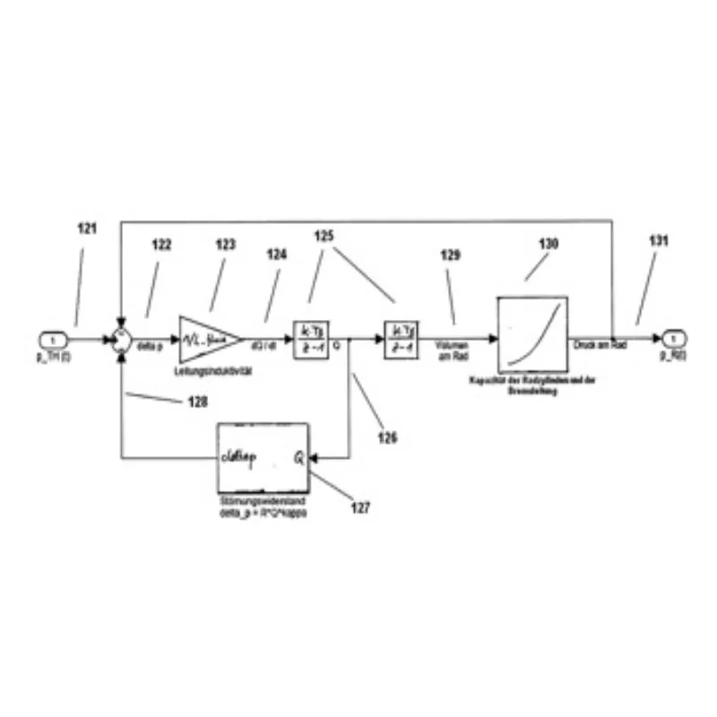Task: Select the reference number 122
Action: [161, 245]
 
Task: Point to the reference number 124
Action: [277, 255]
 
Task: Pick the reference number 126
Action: [387, 438]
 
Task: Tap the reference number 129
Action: [451, 255]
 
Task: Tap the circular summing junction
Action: [121, 341]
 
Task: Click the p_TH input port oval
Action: [54, 340]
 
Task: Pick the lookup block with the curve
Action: [532, 333]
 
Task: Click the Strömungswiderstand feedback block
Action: [262, 456]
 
